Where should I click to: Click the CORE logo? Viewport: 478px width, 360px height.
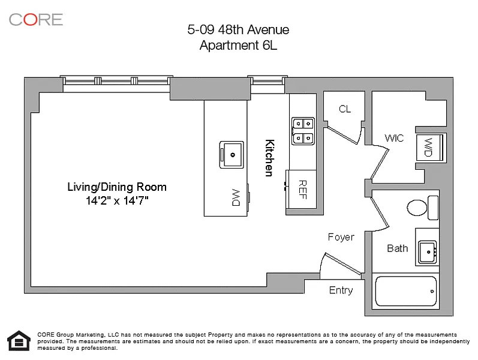tap(36, 20)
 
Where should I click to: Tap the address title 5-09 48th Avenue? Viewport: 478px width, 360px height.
tap(238, 29)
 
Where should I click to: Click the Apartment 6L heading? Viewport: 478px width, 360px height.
tap(238, 46)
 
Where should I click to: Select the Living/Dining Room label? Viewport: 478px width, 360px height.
tap(117, 187)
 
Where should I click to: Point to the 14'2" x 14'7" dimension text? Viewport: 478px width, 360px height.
tap(117, 201)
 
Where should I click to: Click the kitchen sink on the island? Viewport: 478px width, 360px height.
tap(232, 155)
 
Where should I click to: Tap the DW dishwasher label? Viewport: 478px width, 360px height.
tap(236, 197)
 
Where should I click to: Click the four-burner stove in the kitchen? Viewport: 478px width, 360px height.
tap(303, 131)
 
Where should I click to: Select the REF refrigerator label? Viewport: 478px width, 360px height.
tap(302, 190)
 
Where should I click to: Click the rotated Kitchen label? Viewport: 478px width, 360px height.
tap(269, 158)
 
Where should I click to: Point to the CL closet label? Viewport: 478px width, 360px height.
tap(345, 109)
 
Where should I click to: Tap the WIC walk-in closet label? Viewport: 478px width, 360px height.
tap(394, 138)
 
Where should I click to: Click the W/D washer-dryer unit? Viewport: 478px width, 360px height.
tap(429, 147)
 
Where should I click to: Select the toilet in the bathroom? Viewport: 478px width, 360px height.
tap(422, 208)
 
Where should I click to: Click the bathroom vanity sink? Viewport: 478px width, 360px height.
tap(427, 252)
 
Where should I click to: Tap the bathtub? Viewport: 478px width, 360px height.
tap(406, 291)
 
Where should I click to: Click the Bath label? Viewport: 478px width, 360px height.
tap(397, 248)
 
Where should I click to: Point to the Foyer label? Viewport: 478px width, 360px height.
tap(341, 237)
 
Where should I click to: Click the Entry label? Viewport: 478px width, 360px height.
tap(341, 290)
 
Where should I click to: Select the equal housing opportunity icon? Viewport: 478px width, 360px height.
tap(19, 340)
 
